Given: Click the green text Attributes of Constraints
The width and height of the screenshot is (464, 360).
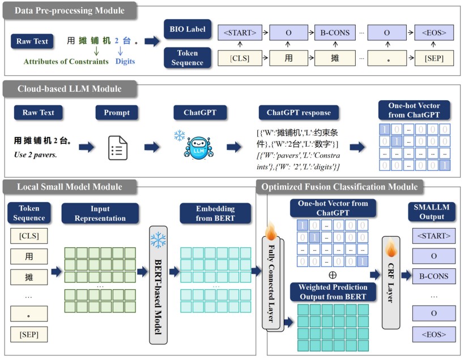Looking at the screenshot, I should pos(66,61).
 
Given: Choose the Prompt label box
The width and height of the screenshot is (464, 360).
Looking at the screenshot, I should pos(116,113).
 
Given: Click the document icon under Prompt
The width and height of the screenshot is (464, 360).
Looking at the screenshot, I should pos(118,148).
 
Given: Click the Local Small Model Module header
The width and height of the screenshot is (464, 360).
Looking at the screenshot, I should pos(70,187).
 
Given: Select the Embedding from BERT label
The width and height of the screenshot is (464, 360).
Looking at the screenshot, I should pos(215,213).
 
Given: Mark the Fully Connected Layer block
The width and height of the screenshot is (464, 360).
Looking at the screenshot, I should pos(272,281).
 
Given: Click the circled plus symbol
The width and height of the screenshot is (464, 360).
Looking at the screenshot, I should pos(333,275).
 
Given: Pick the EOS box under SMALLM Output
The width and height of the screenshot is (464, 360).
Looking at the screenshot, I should pos(433,335).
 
